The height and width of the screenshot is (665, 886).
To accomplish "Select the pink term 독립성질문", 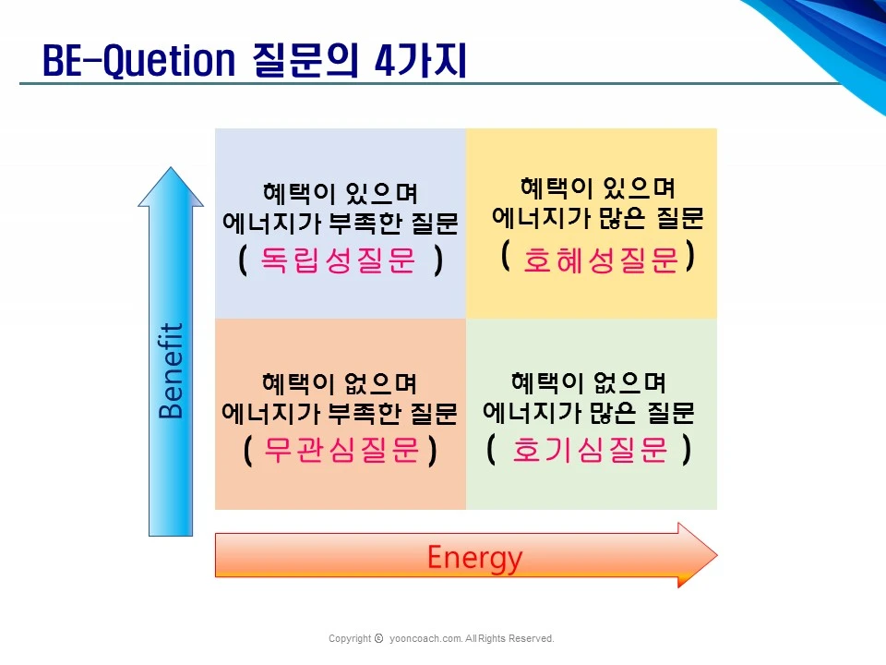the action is click(x=339, y=261).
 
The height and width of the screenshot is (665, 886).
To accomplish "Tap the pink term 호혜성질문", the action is click(x=601, y=261).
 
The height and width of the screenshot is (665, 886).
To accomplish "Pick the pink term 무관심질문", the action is click(x=342, y=451).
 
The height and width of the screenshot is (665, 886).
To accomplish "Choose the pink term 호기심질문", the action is click(x=589, y=450).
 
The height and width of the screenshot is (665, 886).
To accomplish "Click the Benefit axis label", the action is click(x=172, y=370).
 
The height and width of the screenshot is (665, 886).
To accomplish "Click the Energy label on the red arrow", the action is click(x=474, y=557).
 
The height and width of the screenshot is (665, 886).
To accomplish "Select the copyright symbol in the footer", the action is click(x=379, y=638).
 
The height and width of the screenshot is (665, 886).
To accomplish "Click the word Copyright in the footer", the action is click(x=350, y=638).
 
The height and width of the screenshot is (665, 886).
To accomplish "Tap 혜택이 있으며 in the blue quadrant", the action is click(x=340, y=194).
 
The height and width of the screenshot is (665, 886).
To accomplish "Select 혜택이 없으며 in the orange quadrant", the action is click(x=340, y=382).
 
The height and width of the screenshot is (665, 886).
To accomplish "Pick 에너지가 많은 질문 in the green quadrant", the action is click(x=589, y=410).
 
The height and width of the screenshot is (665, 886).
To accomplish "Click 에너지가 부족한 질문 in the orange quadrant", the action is click(x=340, y=412).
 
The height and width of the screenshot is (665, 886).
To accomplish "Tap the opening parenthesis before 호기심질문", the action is click(x=491, y=450).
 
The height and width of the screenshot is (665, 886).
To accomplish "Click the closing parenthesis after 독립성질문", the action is click(x=438, y=261).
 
